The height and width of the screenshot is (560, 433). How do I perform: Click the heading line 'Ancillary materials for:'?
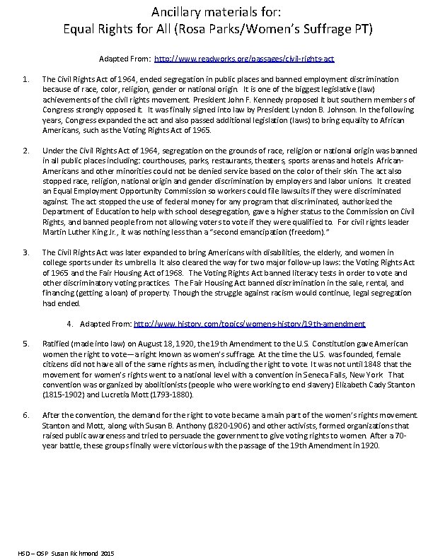[216, 11]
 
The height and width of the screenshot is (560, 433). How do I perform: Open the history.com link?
[249, 323]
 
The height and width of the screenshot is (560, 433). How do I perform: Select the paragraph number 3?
[25, 252]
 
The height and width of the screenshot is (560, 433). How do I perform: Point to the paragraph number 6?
[25, 415]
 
